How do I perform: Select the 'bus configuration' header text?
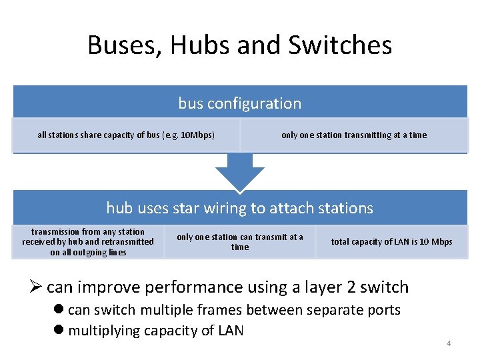(x=239, y=103)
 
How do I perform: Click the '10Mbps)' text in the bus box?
(x=198, y=135)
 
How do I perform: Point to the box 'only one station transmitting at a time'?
(x=353, y=135)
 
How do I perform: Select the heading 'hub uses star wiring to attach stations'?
(x=239, y=208)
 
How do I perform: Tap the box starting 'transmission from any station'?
(x=88, y=242)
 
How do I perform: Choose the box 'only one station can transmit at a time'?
(x=239, y=242)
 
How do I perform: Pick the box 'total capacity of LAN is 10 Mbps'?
(x=391, y=242)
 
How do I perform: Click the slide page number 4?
(x=449, y=344)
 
